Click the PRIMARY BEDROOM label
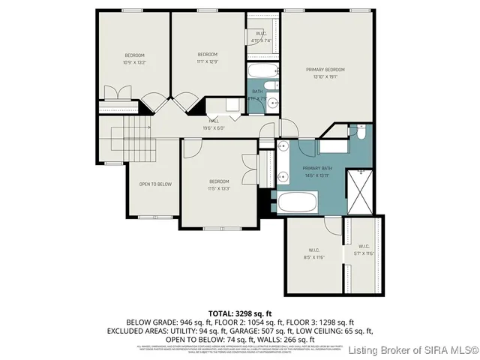click(x=330, y=70)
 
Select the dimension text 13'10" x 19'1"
click(x=330, y=76)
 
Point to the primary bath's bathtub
click(x=298, y=202)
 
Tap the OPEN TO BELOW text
click(x=155, y=184)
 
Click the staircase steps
click(x=133, y=139)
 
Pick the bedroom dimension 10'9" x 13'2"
click(x=134, y=63)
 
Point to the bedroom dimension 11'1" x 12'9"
click(x=208, y=61)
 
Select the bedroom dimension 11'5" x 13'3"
click(x=219, y=188)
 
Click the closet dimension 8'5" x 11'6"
click(x=314, y=257)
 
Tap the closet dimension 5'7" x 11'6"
click(x=364, y=253)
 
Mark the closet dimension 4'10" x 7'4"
click(x=261, y=40)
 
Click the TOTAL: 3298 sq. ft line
click(x=239, y=312)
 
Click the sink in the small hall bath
click(x=274, y=104)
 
